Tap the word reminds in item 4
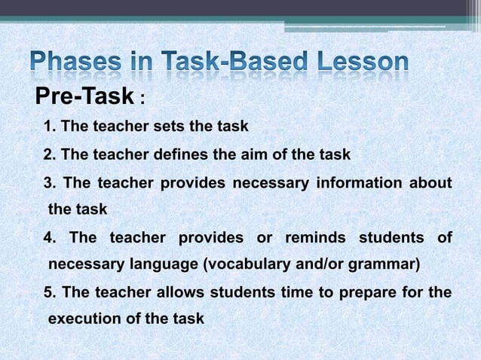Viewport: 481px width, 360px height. pos(312,239)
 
